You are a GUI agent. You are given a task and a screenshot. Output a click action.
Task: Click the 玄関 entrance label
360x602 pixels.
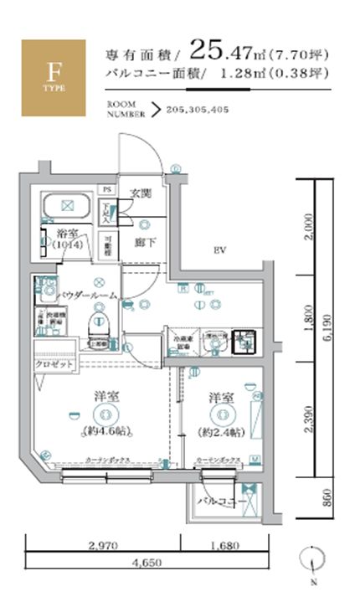[141, 193]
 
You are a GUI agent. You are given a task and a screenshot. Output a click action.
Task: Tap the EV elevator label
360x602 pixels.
[220, 250]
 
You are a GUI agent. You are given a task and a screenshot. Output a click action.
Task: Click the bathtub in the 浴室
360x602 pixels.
[67, 205]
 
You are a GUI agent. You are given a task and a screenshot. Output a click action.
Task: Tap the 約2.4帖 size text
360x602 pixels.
[221, 431]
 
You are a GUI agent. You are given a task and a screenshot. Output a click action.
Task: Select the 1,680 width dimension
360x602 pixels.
[224, 545]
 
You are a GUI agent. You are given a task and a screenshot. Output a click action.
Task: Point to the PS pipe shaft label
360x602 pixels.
[106, 190]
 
